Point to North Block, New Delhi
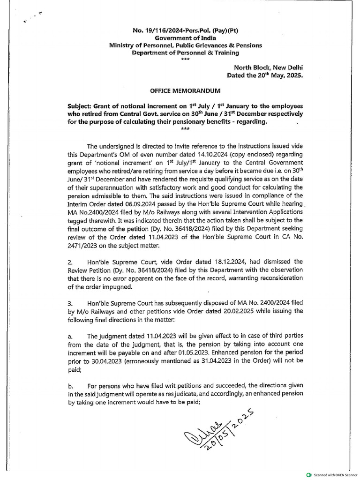266,67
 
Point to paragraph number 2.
70,262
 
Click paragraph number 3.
70,304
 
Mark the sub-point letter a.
70,336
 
